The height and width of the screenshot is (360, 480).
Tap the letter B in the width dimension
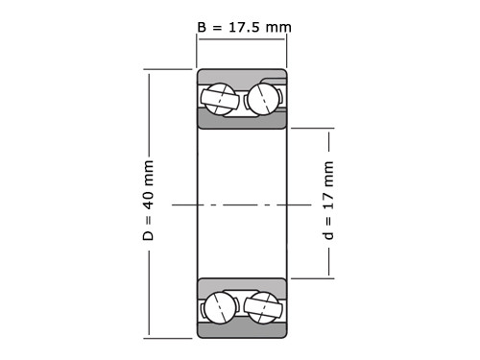[x=202, y=27]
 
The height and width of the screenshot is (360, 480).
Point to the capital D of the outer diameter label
[x=149, y=235]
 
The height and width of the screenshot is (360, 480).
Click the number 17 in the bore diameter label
[x=328, y=201]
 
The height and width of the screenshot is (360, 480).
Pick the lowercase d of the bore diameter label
[x=328, y=235]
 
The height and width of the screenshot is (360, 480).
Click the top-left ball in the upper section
[x=219, y=99]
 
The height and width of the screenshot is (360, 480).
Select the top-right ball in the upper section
[x=263, y=99]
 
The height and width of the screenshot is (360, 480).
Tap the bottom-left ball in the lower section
[x=220, y=307]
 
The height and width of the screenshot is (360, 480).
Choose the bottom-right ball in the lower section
[x=264, y=307]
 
